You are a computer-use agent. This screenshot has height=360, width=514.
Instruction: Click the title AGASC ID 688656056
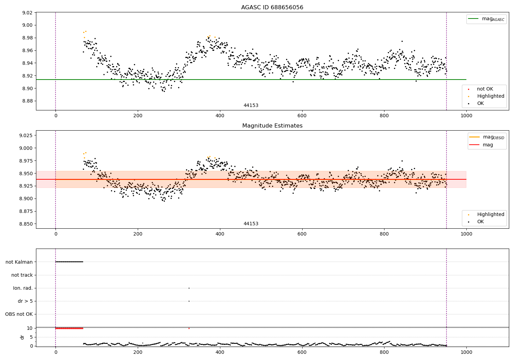click(x=272, y=8)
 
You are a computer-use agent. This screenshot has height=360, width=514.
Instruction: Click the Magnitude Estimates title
click(x=272, y=126)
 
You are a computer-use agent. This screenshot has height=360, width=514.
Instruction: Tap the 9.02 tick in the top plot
click(x=27, y=13)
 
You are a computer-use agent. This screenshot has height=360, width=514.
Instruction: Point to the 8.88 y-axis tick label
click(x=27, y=101)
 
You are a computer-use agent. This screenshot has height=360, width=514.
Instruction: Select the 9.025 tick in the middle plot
click(x=26, y=135)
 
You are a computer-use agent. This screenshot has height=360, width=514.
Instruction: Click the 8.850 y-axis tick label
click(x=26, y=224)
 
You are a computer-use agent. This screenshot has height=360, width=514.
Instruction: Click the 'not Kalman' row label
click(x=19, y=262)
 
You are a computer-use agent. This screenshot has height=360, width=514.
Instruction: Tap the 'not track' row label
click(x=22, y=275)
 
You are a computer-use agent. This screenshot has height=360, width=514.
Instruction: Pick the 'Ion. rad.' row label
click(x=23, y=288)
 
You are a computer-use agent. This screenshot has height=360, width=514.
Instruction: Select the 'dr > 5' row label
click(x=25, y=301)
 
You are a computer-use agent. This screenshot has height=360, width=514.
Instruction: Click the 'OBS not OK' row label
click(x=19, y=314)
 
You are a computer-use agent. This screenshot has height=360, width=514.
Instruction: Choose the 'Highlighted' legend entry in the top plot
click(x=490, y=96)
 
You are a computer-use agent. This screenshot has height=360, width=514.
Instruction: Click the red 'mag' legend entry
click(x=488, y=145)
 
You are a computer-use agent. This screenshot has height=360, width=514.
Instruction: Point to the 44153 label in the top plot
click(x=251, y=106)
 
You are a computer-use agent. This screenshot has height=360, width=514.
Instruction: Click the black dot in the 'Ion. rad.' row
click(x=189, y=288)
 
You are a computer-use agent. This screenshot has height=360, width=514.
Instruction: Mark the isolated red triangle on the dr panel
click(x=189, y=328)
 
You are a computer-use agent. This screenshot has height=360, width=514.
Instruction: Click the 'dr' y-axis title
click(x=22, y=337)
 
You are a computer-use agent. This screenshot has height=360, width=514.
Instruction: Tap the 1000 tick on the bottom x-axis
click(x=466, y=351)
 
